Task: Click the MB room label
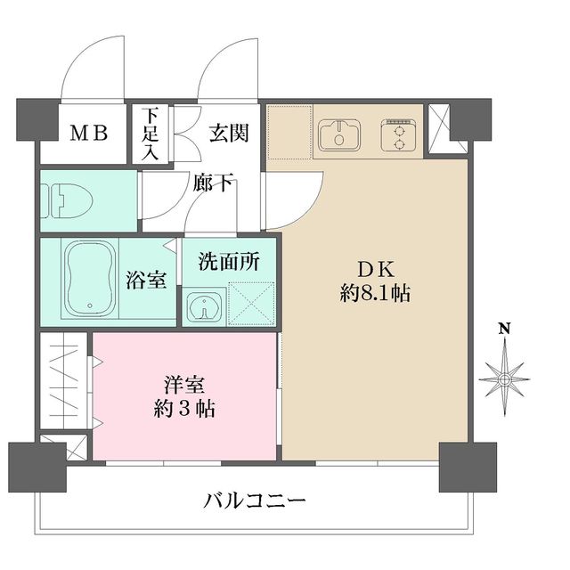pyautogui.click(x=89, y=134)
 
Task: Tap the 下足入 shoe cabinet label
pyautogui.click(x=151, y=134)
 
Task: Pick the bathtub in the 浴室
pyautogui.click(x=88, y=277)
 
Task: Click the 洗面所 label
pyautogui.click(x=228, y=262)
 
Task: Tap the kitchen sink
pyautogui.click(x=338, y=135)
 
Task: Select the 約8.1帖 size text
pyautogui.click(x=375, y=294)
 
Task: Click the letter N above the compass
pyautogui.click(x=504, y=329)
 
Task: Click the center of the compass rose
pyautogui.click(x=504, y=379)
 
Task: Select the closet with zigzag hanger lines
pyautogui.click(x=65, y=381)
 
